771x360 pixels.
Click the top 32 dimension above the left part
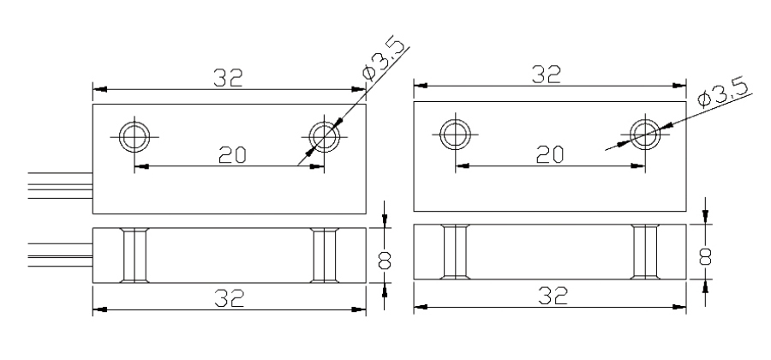click(228, 78)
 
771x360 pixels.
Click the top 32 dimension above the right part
click(547, 75)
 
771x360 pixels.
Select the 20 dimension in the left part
click(232, 154)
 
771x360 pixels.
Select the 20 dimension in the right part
click(550, 154)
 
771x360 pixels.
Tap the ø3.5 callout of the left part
click(384, 58)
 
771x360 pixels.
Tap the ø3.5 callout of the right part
click(722, 93)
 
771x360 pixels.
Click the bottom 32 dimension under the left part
click(230, 298)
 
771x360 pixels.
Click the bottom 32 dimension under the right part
click(553, 295)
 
